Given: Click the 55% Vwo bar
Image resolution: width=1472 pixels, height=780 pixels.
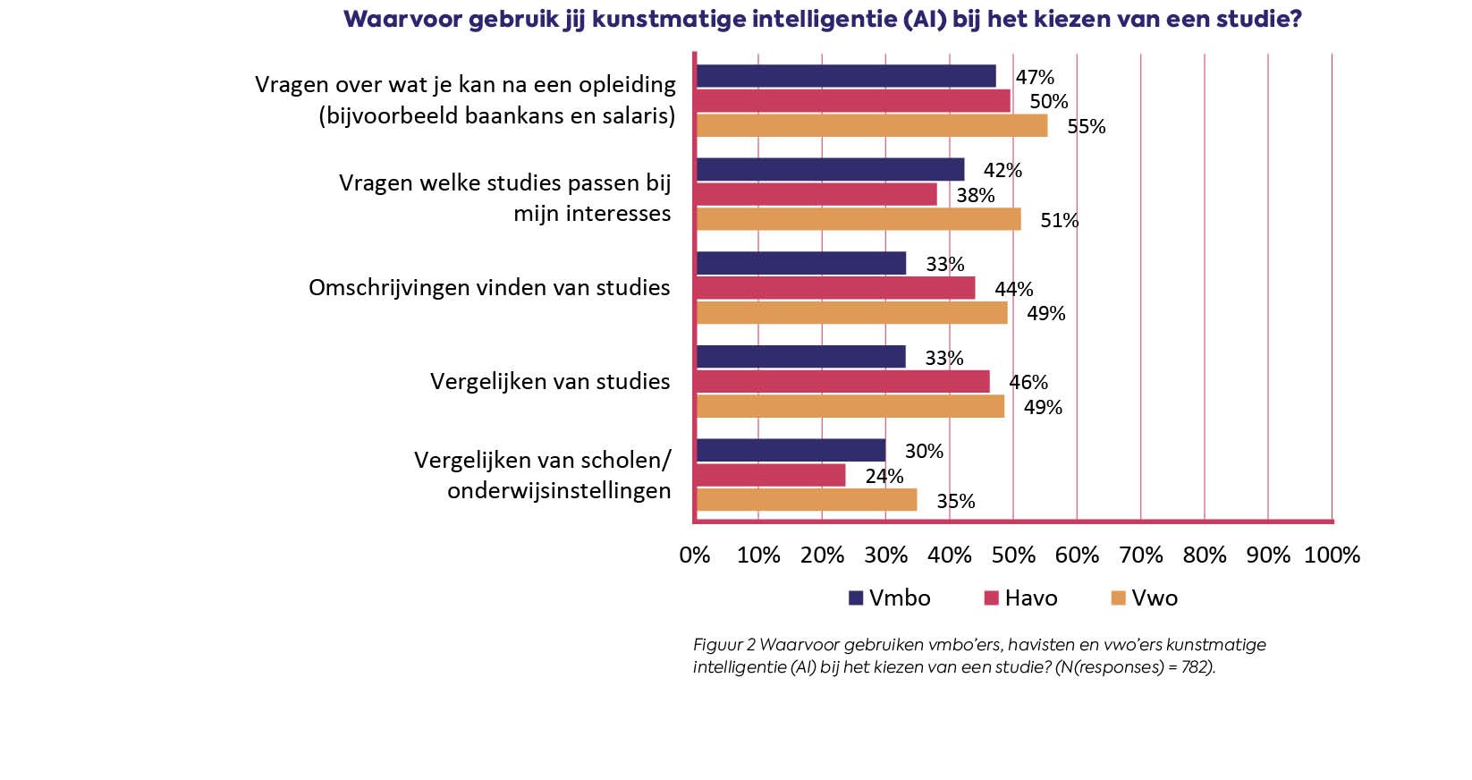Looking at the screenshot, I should (871, 126).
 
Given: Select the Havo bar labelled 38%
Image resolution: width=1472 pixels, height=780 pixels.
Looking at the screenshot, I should (816, 194).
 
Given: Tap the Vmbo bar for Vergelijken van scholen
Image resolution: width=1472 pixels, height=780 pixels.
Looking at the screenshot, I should (791, 450).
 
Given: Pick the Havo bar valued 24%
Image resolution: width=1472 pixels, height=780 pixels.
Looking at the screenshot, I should (770, 475).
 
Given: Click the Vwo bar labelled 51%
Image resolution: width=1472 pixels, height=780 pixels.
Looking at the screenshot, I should (858, 219).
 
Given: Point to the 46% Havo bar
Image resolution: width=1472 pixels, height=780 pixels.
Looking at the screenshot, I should (842, 382).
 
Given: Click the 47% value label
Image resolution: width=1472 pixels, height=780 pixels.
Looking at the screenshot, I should (1035, 77).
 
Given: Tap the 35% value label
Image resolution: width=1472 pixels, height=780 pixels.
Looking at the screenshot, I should (955, 501).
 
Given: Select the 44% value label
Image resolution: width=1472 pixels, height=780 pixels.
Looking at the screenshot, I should (1013, 289).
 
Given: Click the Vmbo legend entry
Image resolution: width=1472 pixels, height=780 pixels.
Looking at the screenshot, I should (890, 598).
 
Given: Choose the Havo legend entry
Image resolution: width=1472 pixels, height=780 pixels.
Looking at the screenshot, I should (1020, 598).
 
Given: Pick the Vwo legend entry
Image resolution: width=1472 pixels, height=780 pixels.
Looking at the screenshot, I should (1144, 598).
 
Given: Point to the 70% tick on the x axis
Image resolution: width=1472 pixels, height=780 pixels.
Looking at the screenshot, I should (1141, 555).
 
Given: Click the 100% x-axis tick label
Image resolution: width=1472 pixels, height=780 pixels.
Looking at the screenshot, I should (1332, 555).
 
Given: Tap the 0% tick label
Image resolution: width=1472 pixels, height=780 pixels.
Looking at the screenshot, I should (695, 555).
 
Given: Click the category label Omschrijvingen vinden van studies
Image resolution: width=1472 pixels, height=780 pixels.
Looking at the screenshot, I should (489, 288).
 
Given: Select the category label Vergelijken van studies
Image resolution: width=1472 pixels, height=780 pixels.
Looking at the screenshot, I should (550, 382).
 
